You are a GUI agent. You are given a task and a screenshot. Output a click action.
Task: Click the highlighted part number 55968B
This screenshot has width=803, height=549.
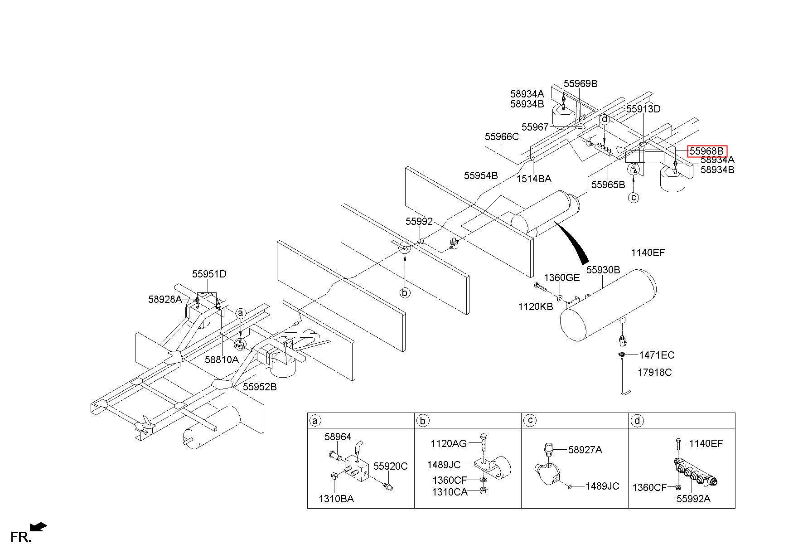(707, 151)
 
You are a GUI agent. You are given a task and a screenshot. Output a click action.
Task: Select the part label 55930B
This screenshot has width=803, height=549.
(603, 270)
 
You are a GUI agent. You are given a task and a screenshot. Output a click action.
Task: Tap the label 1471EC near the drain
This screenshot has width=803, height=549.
(657, 355)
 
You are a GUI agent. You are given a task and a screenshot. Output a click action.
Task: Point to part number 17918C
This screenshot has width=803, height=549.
(655, 373)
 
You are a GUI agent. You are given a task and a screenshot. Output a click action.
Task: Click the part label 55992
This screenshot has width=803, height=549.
(419, 222)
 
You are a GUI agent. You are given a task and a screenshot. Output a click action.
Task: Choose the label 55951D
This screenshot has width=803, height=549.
(209, 274)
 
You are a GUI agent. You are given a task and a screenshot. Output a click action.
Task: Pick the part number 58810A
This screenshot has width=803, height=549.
(221, 360)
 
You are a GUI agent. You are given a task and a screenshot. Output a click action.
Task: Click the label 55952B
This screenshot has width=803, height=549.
(260, 387)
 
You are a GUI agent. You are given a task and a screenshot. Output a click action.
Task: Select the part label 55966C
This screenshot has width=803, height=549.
(502, 136)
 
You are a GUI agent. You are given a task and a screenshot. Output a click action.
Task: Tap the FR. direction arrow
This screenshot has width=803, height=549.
(38, 527)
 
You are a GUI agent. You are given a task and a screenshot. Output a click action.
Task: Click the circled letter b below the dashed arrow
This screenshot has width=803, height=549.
(405, 293)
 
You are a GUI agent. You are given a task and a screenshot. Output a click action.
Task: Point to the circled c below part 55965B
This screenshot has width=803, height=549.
(634, 198)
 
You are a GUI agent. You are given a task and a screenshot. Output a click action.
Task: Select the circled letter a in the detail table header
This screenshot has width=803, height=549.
(314, 421)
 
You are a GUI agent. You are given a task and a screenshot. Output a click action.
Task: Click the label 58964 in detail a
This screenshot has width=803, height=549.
(338, 437)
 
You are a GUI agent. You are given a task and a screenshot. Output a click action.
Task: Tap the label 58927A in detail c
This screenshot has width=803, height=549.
(585, 450)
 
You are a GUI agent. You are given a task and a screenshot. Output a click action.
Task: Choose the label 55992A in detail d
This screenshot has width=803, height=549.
(693, 499)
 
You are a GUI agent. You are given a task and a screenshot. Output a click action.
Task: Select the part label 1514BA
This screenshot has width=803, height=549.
(534, 179)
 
